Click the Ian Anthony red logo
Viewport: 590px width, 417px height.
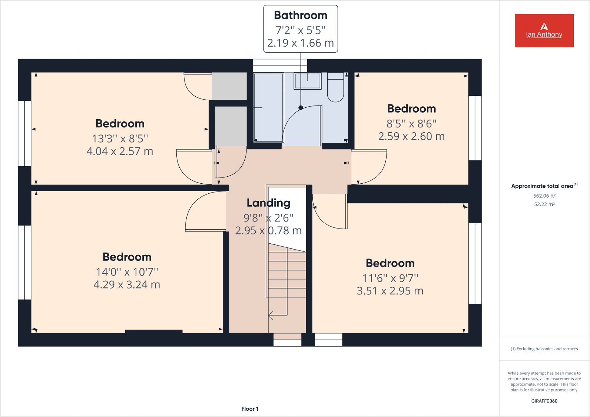click(x=544, y=31)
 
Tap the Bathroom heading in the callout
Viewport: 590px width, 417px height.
click(x=301, y=15)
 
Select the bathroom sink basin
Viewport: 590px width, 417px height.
click(x=307, y=81)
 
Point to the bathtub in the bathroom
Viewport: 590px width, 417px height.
click(x=269, y=107)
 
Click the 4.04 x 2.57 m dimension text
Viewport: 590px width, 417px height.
click(x=120, y=151)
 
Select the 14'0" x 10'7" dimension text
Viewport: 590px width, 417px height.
click(x=127, y=272)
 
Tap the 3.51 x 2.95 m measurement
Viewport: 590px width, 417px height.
click(x=390, y=291)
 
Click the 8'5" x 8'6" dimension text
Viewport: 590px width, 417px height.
click(x=411, y=124)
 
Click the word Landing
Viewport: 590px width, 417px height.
click(x=268, y=203)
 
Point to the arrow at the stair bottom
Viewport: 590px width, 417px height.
click(x=271, y=315)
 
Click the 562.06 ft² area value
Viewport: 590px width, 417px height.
click(x=544, y=196)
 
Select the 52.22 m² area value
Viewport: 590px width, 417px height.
click(x=544, y=204)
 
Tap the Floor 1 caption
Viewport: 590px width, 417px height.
click(x=250, y=409)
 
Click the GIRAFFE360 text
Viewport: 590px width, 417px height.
click(x=544, y=401)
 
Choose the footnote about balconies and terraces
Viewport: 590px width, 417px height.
click(x=544, y=349)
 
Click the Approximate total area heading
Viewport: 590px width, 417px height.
click(x=543, y=186)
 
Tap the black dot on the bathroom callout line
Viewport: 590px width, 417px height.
click(x=301, y=108)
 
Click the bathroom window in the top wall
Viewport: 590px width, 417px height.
click(x=280, y=66)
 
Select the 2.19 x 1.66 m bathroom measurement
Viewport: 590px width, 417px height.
click(x=301, y=43)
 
